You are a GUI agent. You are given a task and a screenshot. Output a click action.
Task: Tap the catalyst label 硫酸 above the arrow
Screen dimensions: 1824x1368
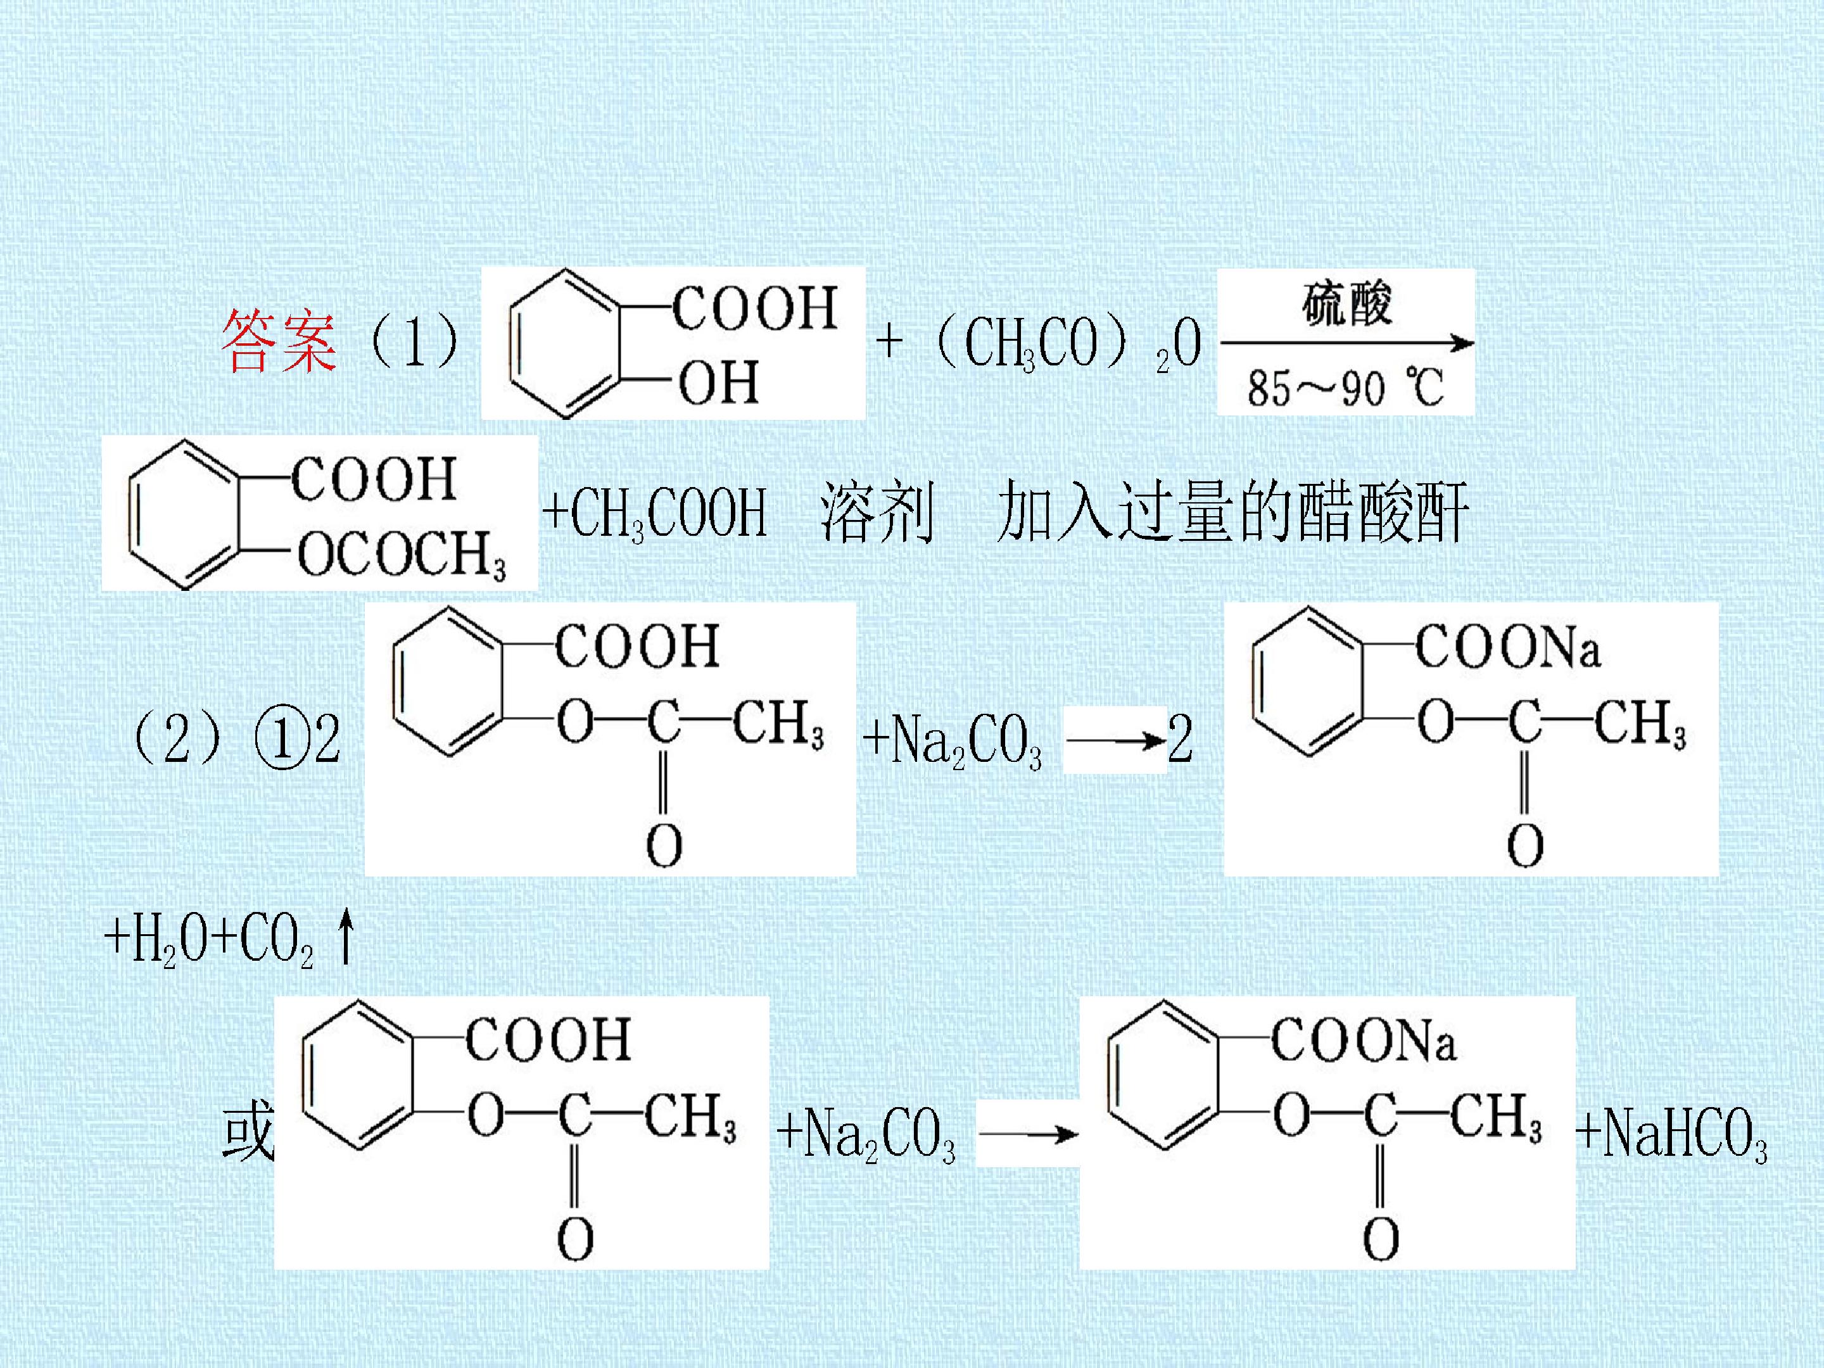point(1346,304)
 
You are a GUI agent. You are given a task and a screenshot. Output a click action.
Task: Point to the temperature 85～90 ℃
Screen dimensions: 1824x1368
point(1345,388)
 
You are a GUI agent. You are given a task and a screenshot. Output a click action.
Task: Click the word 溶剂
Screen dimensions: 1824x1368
point(877,512)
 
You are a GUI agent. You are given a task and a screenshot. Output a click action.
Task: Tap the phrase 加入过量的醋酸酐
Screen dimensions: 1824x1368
point(1232,512)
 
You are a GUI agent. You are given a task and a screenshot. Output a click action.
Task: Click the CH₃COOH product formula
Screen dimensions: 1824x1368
point(655,513)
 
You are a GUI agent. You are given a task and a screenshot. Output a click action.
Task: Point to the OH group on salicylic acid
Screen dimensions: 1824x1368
point(718,383)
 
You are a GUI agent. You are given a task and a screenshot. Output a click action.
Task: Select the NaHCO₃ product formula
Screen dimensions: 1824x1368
point(1671,1134)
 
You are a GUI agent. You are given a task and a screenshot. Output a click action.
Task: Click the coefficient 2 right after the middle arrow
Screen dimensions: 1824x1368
point(1180,738)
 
